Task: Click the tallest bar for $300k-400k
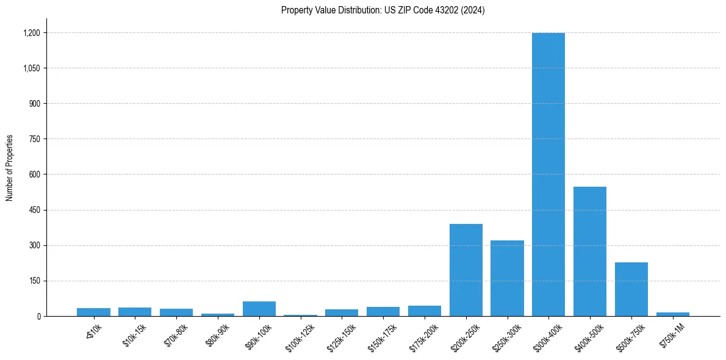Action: click(548, 175)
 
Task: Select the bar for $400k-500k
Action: click(589, 251)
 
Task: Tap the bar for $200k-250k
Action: click(465, 270)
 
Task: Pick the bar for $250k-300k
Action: click(507, 278)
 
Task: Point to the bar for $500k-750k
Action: click(631, 289)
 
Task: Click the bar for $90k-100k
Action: click(259, 309)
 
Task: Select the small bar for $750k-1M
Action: click(672, 314)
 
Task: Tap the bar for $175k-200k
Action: click(424, 311)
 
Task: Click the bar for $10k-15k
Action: click(135, 312)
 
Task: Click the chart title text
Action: click(383, 10)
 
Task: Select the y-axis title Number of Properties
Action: click(10, 168)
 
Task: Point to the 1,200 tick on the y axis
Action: click(31, 33)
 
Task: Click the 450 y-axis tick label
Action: click(34, 210)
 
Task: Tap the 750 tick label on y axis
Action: click(34, 139)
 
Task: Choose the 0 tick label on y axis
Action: click(38, 316)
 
